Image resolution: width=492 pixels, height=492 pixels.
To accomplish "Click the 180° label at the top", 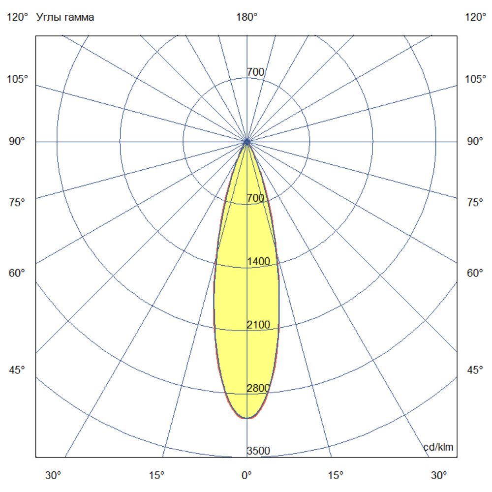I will tap(246, 18).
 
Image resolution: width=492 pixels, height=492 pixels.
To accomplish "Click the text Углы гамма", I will tap(65, 18).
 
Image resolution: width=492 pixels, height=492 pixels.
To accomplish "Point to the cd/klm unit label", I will tap(438, 447).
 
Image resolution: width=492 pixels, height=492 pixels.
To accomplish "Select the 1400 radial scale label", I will tap(258, 262).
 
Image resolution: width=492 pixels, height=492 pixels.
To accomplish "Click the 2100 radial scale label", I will tap(258, 325).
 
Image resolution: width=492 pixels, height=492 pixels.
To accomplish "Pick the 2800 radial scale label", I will tap(258, 388).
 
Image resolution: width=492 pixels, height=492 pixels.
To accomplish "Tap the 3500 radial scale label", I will tap(258, 451).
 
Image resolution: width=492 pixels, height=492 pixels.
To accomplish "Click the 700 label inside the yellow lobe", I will tap(255, 198).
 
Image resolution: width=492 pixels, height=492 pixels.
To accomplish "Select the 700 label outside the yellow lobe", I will tap(255, 72).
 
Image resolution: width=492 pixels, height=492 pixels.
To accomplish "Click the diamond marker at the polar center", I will tap(247, 142).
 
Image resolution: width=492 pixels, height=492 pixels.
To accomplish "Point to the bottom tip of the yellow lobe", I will tap(246, 418).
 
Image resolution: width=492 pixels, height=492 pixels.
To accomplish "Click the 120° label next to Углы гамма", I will tap(18, 18).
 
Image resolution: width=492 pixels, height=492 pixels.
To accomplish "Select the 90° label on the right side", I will tap(475, 142).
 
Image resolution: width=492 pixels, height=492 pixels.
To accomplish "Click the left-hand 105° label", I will tap(18, 79).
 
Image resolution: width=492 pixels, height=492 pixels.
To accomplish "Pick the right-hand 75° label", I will tap(475, 203).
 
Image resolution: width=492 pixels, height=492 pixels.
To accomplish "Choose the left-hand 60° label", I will tap(18, 273).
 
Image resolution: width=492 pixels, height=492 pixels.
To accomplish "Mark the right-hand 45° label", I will tap(475, 370).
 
